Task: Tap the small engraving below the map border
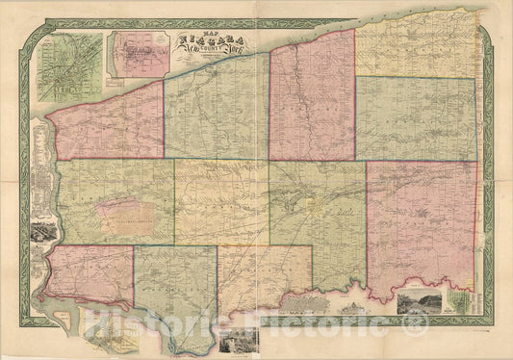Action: (235, 341)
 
